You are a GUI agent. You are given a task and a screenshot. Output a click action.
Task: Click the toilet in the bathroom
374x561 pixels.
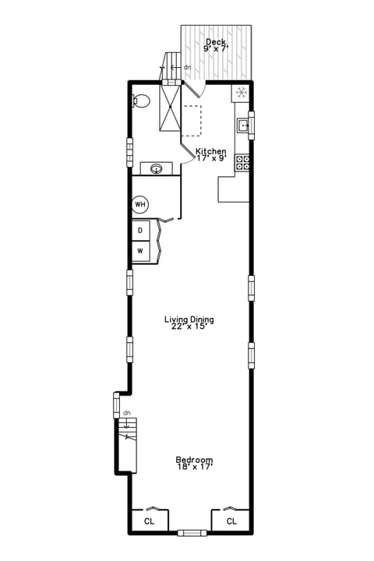coord(140,101)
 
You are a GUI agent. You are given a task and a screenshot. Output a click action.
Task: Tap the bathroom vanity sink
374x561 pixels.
coord(157,168)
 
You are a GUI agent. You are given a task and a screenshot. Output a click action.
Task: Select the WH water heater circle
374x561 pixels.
coord(140,205)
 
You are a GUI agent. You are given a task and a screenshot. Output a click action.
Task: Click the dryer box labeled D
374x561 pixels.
coord(140,231)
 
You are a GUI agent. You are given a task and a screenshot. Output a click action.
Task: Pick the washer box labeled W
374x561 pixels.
coord(140,251)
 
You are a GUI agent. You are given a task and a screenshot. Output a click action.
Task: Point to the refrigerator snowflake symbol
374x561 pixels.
coord(242,93)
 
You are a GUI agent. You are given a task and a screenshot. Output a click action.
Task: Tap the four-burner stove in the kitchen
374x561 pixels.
coord(243,163)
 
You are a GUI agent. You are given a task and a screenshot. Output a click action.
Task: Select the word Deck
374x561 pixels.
coord(216,42)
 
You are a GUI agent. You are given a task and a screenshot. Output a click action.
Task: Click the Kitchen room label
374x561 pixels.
coord(210,151)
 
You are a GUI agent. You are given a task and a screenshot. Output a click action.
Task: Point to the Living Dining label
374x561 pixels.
coord(189,319)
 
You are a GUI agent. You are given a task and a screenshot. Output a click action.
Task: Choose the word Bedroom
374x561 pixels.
coord(194,460)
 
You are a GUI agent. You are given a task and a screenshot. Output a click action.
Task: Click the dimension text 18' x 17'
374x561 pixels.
coord(194,467)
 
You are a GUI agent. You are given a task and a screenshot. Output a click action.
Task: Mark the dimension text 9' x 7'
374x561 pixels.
coord(216,49)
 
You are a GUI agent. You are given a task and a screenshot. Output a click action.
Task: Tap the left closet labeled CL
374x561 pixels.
coord(148,520)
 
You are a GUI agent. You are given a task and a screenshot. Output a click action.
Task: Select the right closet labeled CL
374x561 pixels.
coord(231,520)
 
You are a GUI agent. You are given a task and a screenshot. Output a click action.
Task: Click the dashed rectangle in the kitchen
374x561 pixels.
coord(192,121)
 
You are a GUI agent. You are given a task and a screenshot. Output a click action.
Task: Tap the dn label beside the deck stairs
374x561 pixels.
coord(187,68)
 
